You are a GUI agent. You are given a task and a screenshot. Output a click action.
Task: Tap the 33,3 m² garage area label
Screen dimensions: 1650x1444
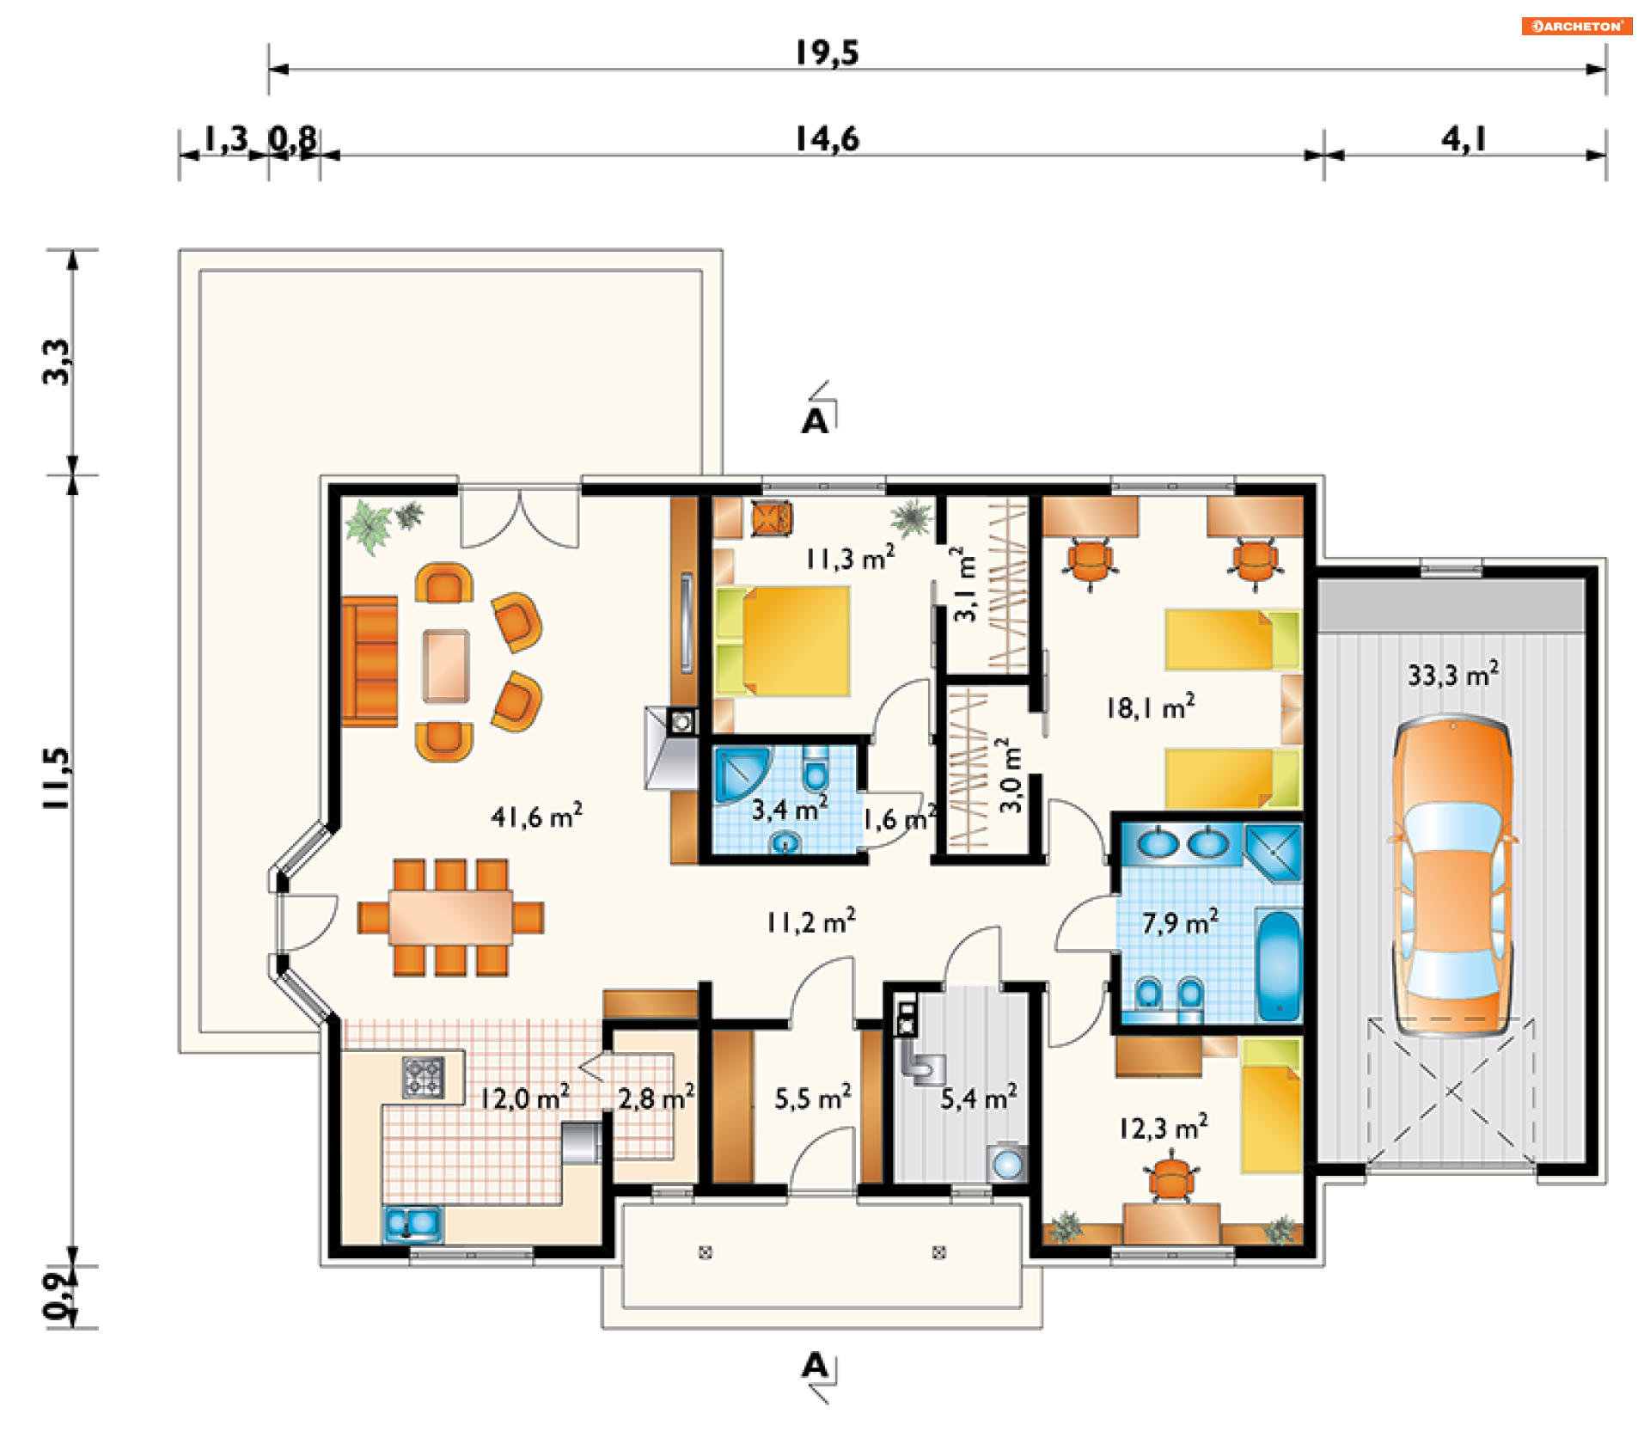(1453, 674)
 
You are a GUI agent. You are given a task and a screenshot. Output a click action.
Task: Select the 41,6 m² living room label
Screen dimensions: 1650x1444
(536, 816)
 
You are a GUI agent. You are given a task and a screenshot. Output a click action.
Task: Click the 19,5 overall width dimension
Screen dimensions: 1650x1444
(827, 52)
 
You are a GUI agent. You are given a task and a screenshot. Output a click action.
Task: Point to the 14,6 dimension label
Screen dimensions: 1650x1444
(827, 138)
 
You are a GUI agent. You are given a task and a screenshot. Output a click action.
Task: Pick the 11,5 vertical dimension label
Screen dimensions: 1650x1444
(57, 777)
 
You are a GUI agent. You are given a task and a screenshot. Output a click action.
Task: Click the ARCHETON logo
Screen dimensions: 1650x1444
(1577, 26)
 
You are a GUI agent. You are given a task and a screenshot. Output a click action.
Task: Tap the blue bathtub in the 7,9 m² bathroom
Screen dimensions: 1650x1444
(1280, 966)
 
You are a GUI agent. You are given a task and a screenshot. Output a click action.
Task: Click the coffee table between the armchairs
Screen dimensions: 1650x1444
(446, 666)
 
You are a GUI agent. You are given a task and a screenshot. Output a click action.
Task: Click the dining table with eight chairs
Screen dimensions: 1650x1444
(450, 917)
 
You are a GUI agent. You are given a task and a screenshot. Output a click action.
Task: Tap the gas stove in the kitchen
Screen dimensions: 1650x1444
(424, 1077)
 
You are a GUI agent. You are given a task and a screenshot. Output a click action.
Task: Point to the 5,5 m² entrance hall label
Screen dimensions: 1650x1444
(813, 1098)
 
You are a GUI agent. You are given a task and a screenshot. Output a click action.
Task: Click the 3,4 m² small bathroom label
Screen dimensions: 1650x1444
(790, 809)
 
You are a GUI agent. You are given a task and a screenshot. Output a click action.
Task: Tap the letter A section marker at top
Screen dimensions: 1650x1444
(815, 421)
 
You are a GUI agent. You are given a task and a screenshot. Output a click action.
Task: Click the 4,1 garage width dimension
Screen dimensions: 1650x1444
(1464, 138)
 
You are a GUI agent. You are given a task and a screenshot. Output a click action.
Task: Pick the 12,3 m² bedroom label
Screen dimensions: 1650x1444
(1163, 1127)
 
